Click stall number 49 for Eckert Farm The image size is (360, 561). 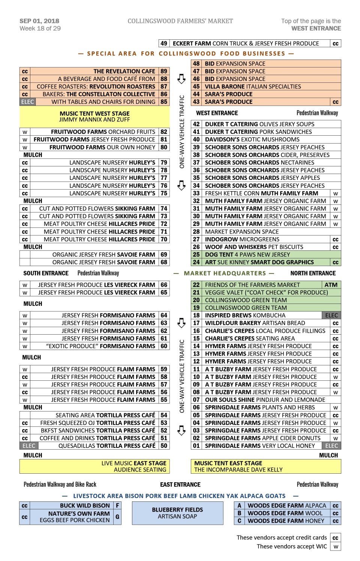[x=164, y=43]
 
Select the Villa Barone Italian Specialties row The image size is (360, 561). [x=253, y=87]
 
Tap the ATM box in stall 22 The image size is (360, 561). [x=331, y=285]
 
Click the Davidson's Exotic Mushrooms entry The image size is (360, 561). [x=252, y=139]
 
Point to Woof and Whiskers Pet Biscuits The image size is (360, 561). [x=254, y=247]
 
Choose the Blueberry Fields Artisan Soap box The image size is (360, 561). [x=177, y=513]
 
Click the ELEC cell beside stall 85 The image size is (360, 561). [x=27, y=102]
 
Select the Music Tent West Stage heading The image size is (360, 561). [x=94, y=114]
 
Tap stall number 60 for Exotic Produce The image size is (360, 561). [x=164, y=346]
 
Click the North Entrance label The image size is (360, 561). [x=313, y=273]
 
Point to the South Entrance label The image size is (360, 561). [x=46, y=273]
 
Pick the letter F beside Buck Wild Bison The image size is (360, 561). [x=117, y=506]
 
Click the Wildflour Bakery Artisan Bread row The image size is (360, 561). [x=255, y=323]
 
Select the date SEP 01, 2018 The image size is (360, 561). [x=39, y=21]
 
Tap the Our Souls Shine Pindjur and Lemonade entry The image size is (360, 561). [x=265, y=400]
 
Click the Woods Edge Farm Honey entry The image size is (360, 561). [x=286, y=521]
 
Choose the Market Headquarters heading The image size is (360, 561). [x=224, y=273]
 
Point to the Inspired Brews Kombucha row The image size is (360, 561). [x=245, y=316]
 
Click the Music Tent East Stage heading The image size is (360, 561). [x=228, y=463]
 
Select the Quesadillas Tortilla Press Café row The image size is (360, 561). [x=106, y=446]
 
